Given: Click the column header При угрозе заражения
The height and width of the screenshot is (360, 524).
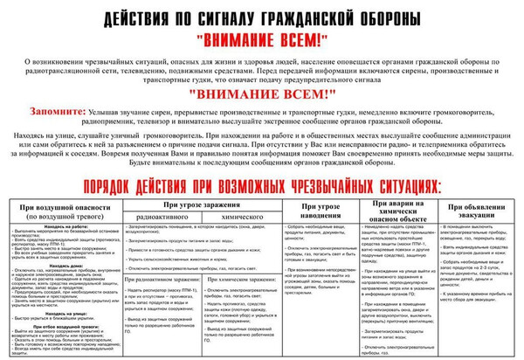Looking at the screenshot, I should click(x=183, y=204).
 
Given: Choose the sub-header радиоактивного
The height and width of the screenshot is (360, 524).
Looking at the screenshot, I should click(x=152, y=215).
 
